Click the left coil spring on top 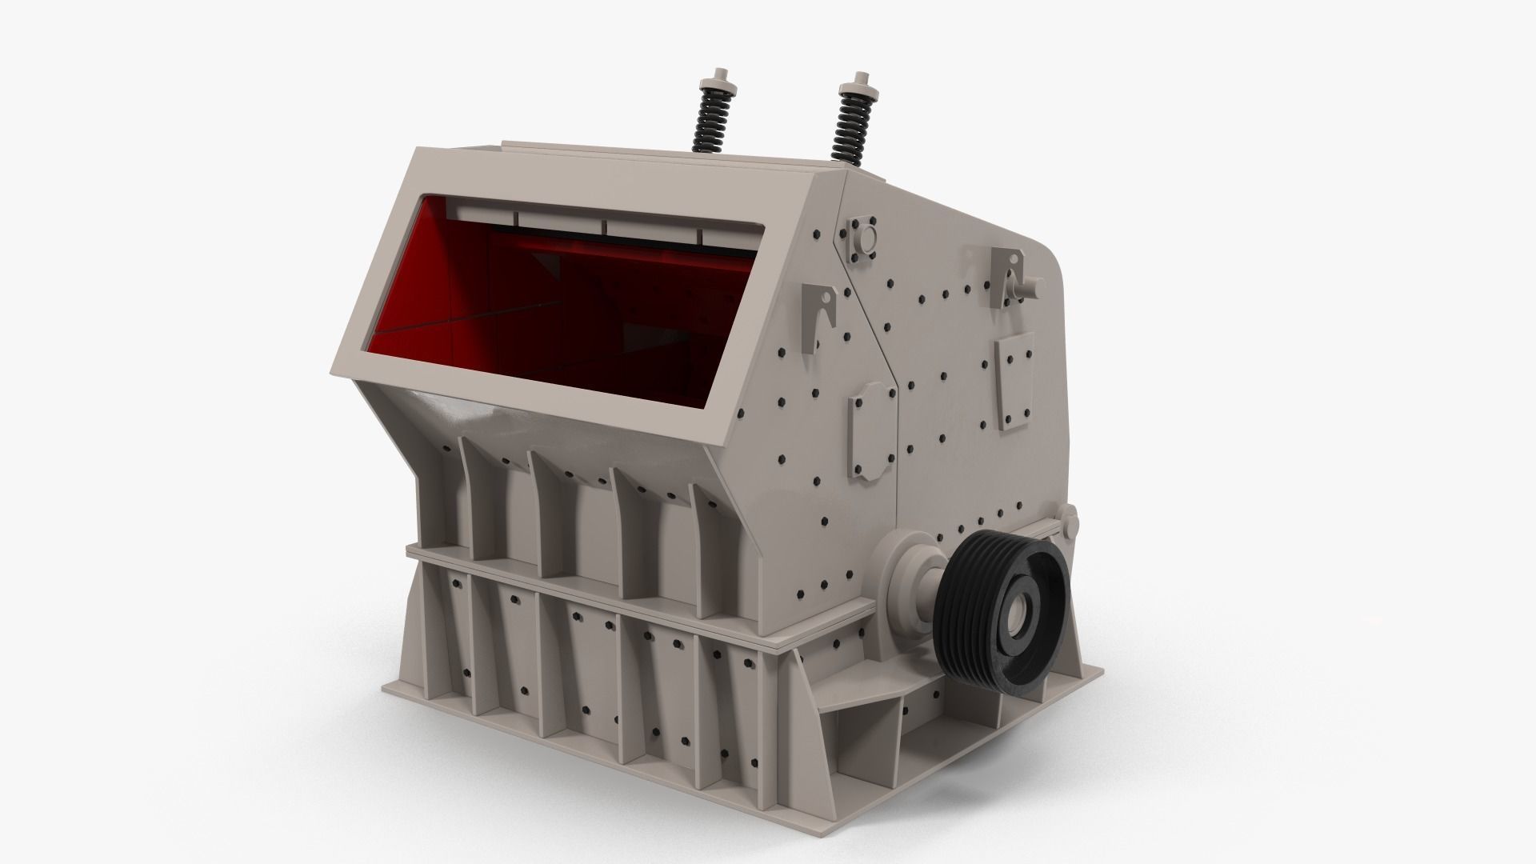[x=708, y=128]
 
